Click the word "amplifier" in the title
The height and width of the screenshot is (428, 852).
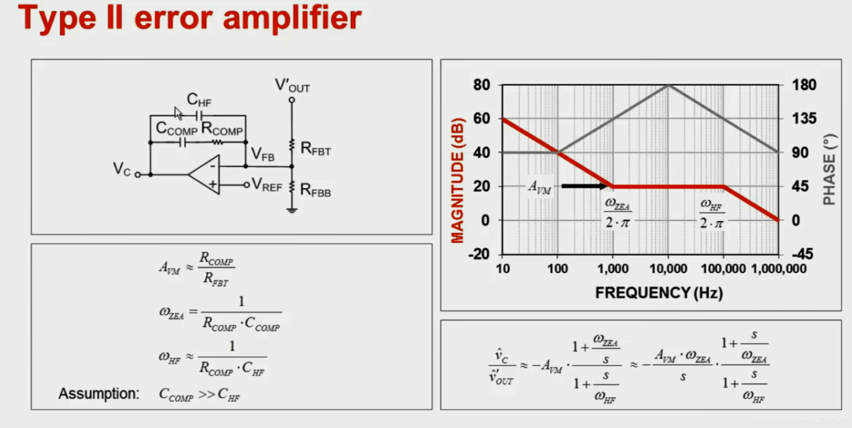292,18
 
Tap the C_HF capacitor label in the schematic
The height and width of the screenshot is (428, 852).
199,99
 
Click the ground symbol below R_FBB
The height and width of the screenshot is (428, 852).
291,210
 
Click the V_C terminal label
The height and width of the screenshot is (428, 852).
121,169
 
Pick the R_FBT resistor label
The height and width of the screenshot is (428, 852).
315,149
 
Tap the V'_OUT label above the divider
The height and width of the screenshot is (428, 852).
292,86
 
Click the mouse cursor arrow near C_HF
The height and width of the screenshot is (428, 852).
178,113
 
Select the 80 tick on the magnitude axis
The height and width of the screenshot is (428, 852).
481,85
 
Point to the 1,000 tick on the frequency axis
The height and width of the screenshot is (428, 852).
613,269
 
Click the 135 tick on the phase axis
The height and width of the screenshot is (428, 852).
804,119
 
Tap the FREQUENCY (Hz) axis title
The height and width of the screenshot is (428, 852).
659,293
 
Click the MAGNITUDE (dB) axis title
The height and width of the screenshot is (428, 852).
458,181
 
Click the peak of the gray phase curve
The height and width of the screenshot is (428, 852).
669,85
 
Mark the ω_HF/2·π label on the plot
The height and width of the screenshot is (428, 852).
712,214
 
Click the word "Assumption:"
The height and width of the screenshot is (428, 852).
99,394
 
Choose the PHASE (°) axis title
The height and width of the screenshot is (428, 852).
830,169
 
